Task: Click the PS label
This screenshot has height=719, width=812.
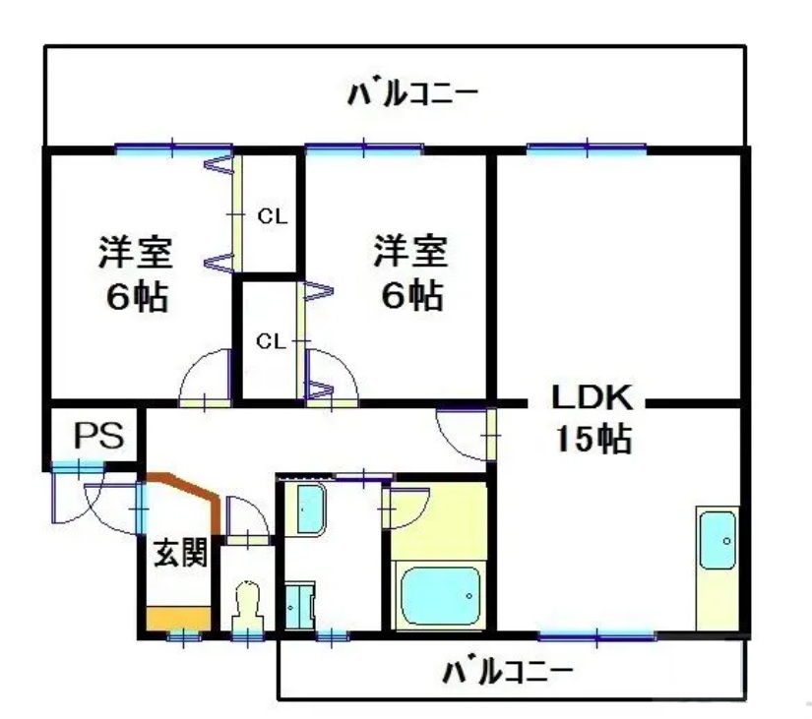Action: point(94,435)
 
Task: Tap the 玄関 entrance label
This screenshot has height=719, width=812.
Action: point(179,554)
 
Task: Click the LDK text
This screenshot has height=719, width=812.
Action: point(590,399)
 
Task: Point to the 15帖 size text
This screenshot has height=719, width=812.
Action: point(590,439)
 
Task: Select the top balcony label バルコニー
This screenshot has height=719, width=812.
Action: point(413,95)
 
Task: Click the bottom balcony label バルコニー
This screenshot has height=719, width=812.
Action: point(507,674)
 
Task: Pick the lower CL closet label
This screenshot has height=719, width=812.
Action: point(271,341)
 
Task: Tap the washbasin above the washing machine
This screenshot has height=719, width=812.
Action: point(311,508)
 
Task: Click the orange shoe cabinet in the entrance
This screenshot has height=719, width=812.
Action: point(178,620)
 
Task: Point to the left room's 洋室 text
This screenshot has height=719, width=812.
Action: point(136,253)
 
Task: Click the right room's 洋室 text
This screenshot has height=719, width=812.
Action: point(410,253)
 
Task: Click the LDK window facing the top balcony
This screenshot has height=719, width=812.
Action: point(587,150)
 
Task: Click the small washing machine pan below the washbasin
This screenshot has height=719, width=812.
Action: point(297,606)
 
